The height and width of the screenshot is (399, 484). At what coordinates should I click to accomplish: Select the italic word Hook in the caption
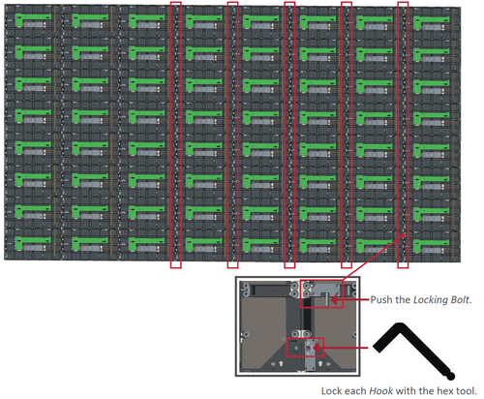point(381,391)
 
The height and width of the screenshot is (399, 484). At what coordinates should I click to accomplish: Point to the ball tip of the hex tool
point(451,376)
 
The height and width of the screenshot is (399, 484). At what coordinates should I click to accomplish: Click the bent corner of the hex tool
point(400,326)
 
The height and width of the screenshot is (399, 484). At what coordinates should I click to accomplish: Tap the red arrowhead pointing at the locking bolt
point(334,300)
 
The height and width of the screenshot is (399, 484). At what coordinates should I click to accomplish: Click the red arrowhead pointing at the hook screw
point(317,348)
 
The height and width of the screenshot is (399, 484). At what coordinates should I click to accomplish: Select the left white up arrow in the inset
point(281,363)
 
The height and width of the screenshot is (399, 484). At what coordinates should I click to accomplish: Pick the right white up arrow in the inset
point(320,363)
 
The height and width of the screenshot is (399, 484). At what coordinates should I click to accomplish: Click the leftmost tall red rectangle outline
point(170,135)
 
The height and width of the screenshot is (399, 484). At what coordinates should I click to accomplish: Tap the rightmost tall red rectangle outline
point(398,135)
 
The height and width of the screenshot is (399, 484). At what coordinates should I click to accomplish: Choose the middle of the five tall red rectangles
point(285,135)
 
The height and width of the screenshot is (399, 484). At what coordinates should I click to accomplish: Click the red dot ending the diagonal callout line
point(404,235)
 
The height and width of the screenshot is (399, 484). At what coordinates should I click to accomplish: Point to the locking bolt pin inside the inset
point(327,299)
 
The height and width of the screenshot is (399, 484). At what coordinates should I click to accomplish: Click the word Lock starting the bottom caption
point(331,391)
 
